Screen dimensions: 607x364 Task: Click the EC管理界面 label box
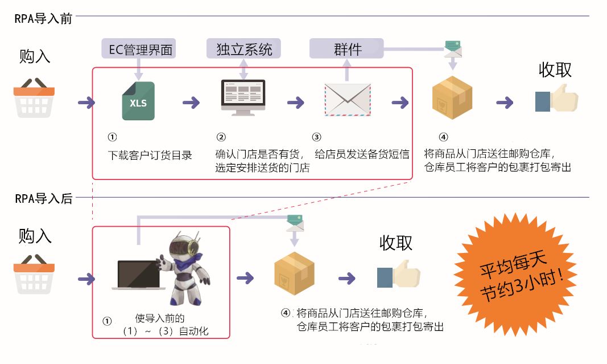(x=138, y=49)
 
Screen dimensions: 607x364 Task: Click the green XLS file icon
(x=138, y=101)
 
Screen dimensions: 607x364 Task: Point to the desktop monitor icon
(x=243, y=97)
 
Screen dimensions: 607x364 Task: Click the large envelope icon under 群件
(x=348, y=100)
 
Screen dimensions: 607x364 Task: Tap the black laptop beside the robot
(x=138, y=277)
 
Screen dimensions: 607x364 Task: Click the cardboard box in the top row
(x=452, y=97)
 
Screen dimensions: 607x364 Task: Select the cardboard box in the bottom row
(x=294, y=273)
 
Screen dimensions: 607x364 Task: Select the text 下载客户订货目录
(x=150, y=155)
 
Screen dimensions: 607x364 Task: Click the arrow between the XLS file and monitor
(x=191, y=103)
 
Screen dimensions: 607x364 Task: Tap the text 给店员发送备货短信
(x=362, y=154)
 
